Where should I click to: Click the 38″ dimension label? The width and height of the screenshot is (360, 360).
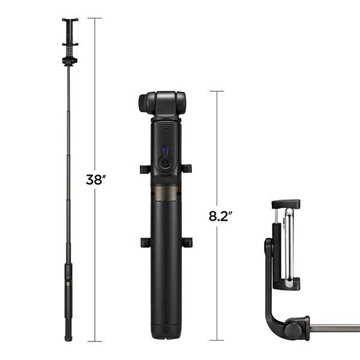point(95,179)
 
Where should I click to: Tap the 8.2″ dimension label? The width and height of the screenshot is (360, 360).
point(220,217)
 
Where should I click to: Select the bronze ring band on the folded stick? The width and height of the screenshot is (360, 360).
point(163,193)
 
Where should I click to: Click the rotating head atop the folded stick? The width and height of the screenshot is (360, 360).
point(162,103)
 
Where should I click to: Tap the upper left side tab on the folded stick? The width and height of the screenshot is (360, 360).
point(145,169)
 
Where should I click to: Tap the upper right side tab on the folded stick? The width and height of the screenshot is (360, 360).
point(187,169)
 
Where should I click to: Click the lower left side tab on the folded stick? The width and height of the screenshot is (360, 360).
point(145,242)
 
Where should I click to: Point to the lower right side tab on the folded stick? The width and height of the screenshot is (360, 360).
point(187,242)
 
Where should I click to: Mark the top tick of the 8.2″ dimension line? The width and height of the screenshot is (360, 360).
point(217,91)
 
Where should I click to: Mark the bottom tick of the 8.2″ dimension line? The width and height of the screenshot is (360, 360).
point(217,341)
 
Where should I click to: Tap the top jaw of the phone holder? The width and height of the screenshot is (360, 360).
point(286,205)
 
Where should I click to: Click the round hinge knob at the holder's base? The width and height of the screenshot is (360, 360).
point(295,329)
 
